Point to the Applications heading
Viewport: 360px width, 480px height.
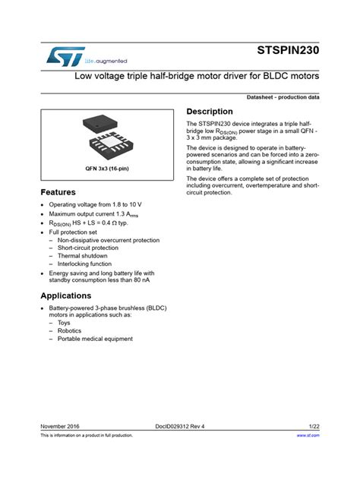pos(65,295)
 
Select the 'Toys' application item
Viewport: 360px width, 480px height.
pos(64,323)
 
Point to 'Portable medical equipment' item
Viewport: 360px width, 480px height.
pos(95,339)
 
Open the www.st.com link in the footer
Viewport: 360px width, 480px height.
pos(308,436)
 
